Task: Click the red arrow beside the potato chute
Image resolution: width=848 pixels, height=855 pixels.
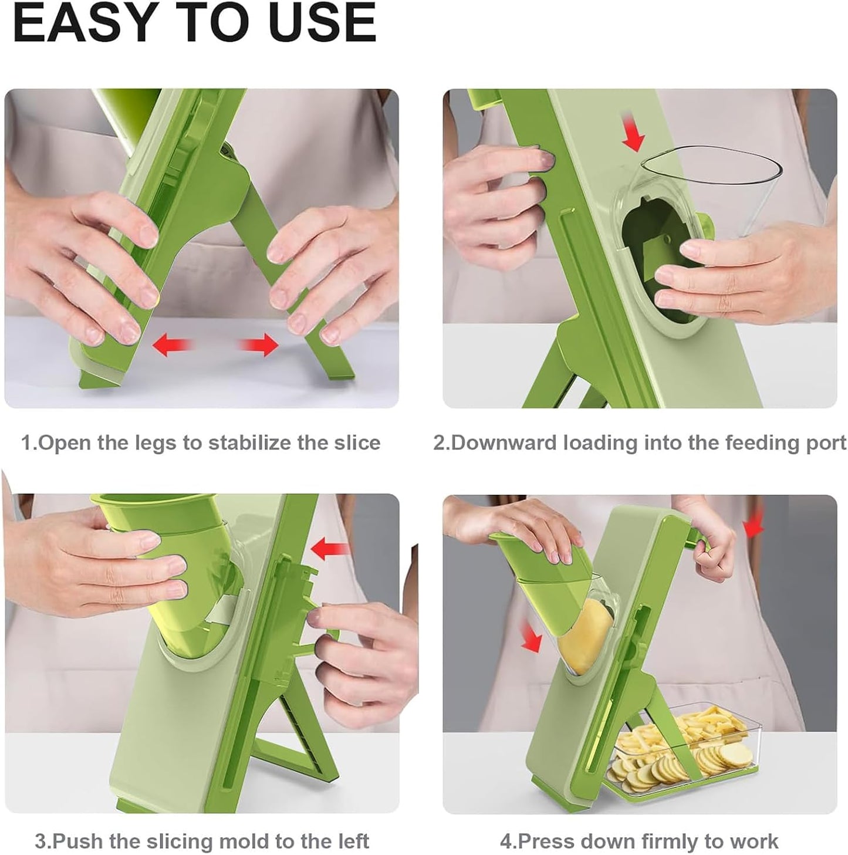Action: pyautogui.click(x=531, y=637)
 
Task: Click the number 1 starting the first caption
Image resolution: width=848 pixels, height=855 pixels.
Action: pyautogui.click(x=26, y=442)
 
